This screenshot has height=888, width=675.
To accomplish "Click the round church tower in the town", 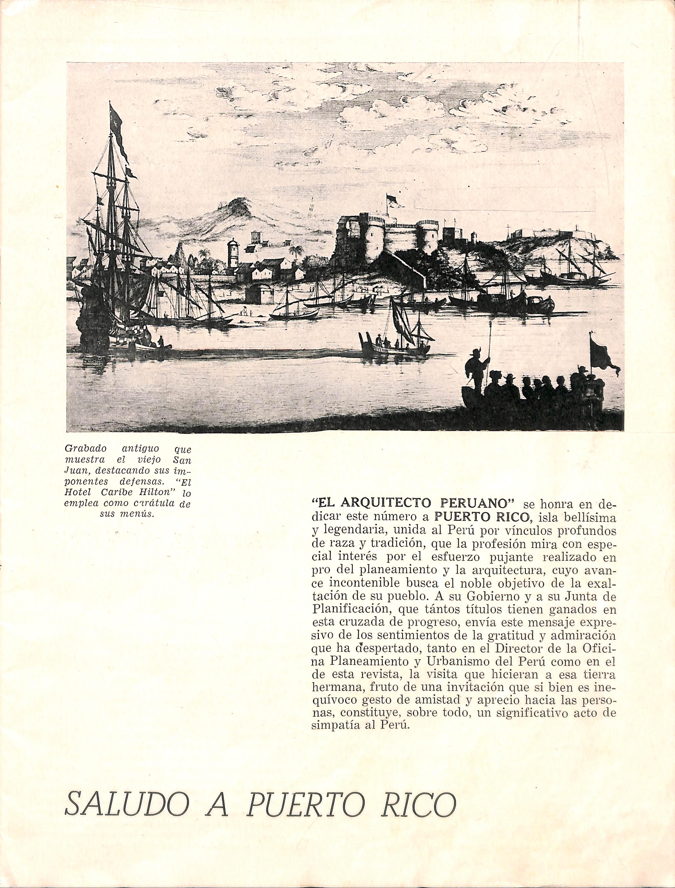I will [x=233, y=253].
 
